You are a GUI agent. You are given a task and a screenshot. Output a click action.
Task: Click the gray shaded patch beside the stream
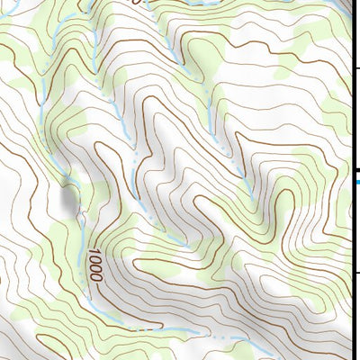(69, 199)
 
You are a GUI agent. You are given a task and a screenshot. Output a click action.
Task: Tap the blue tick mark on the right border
(358, 183)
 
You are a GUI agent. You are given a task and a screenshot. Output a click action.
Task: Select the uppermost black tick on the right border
(358, 68)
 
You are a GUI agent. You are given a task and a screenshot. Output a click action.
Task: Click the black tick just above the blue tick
(358, 171)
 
